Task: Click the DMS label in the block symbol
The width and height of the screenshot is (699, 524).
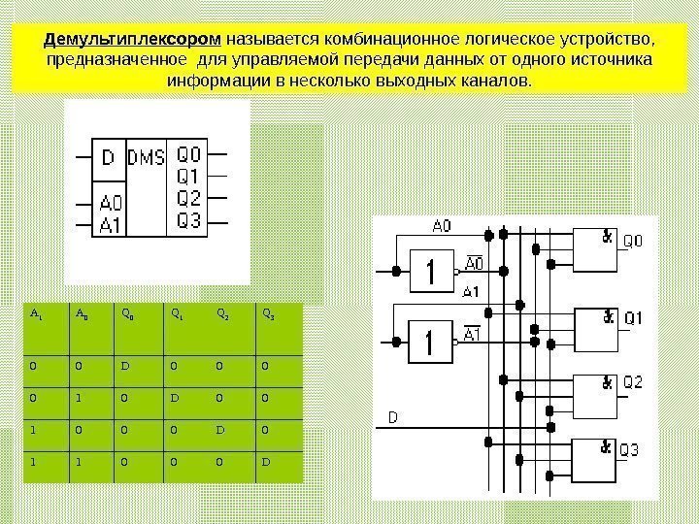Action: tap(147, 156)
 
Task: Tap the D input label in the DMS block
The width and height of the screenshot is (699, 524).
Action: tap(108, 156)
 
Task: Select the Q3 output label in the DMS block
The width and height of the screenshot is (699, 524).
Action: tap(189, 222)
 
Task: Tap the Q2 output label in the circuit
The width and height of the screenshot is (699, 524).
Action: tap(632, 382)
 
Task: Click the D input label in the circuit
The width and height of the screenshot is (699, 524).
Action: tap(393, 417)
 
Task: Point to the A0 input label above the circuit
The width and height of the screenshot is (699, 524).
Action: tap(441, 226)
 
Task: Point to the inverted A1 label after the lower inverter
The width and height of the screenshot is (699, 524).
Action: tap(473, 335)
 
